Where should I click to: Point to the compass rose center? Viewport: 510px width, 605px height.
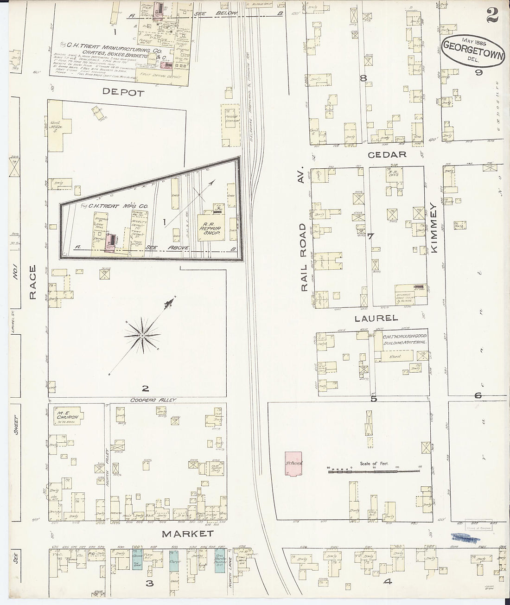point(142,334)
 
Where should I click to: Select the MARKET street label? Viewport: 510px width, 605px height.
point(187,534)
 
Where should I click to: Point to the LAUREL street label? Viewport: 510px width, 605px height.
point(376,318)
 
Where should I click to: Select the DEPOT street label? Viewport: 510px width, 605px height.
point(123,92)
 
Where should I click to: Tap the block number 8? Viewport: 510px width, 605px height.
point(363,78)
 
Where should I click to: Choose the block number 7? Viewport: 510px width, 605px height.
point(370,237)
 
